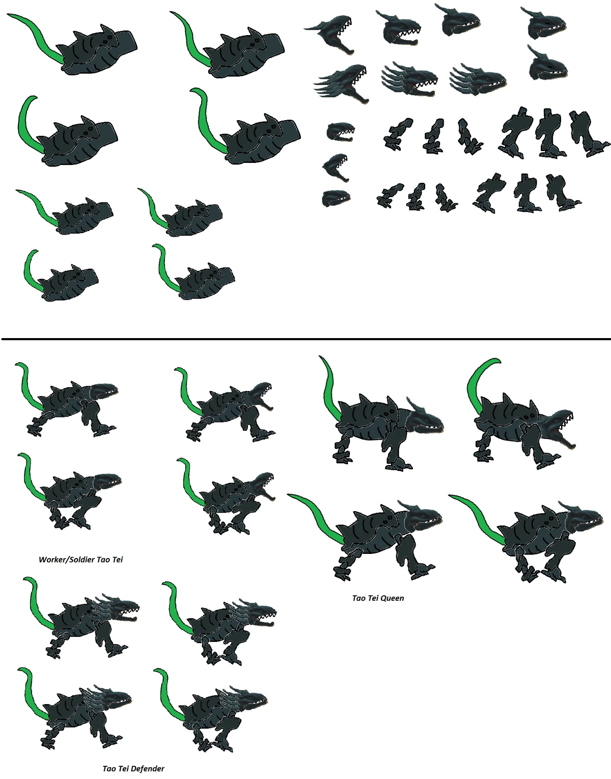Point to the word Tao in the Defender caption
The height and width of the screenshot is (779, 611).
click(109, 769)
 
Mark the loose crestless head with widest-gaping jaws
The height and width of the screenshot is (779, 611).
click(336, 168)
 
